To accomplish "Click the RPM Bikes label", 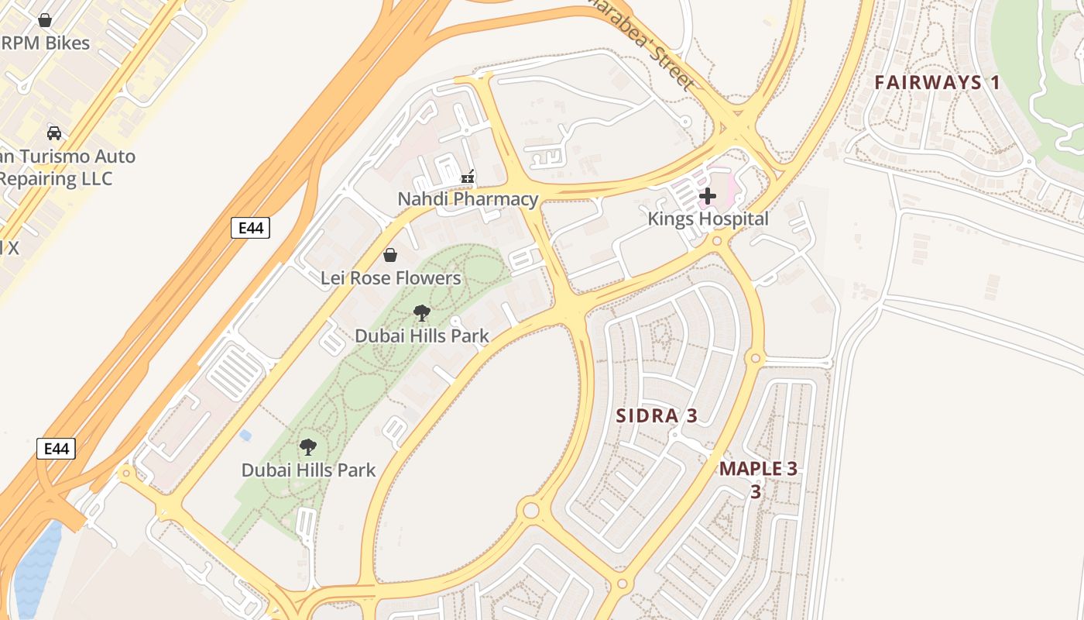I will coord(46,43).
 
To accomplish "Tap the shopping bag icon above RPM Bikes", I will coord(45,20).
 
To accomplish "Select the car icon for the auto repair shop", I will coord(54,133).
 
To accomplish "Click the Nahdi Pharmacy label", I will coord(468,199).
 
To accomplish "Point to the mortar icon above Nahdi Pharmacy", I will coord(468,177).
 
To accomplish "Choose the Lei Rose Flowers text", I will coord(390,278).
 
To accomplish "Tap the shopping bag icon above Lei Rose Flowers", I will coord(390,255).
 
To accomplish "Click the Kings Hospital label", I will coord(708,219).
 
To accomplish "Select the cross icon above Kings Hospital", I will coord(707,197).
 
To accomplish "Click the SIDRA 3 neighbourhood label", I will coord(657,416).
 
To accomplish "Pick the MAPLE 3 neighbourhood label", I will coord(758,469).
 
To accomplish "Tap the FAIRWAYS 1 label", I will coord(938,83).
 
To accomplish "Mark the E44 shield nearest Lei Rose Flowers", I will coord(250,228).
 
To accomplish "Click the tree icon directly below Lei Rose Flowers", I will coord(422,313).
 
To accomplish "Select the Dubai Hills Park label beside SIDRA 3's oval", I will coord(422,336).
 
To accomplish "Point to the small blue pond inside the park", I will coord(245,436).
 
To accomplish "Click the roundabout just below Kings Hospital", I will coord(717,241).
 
